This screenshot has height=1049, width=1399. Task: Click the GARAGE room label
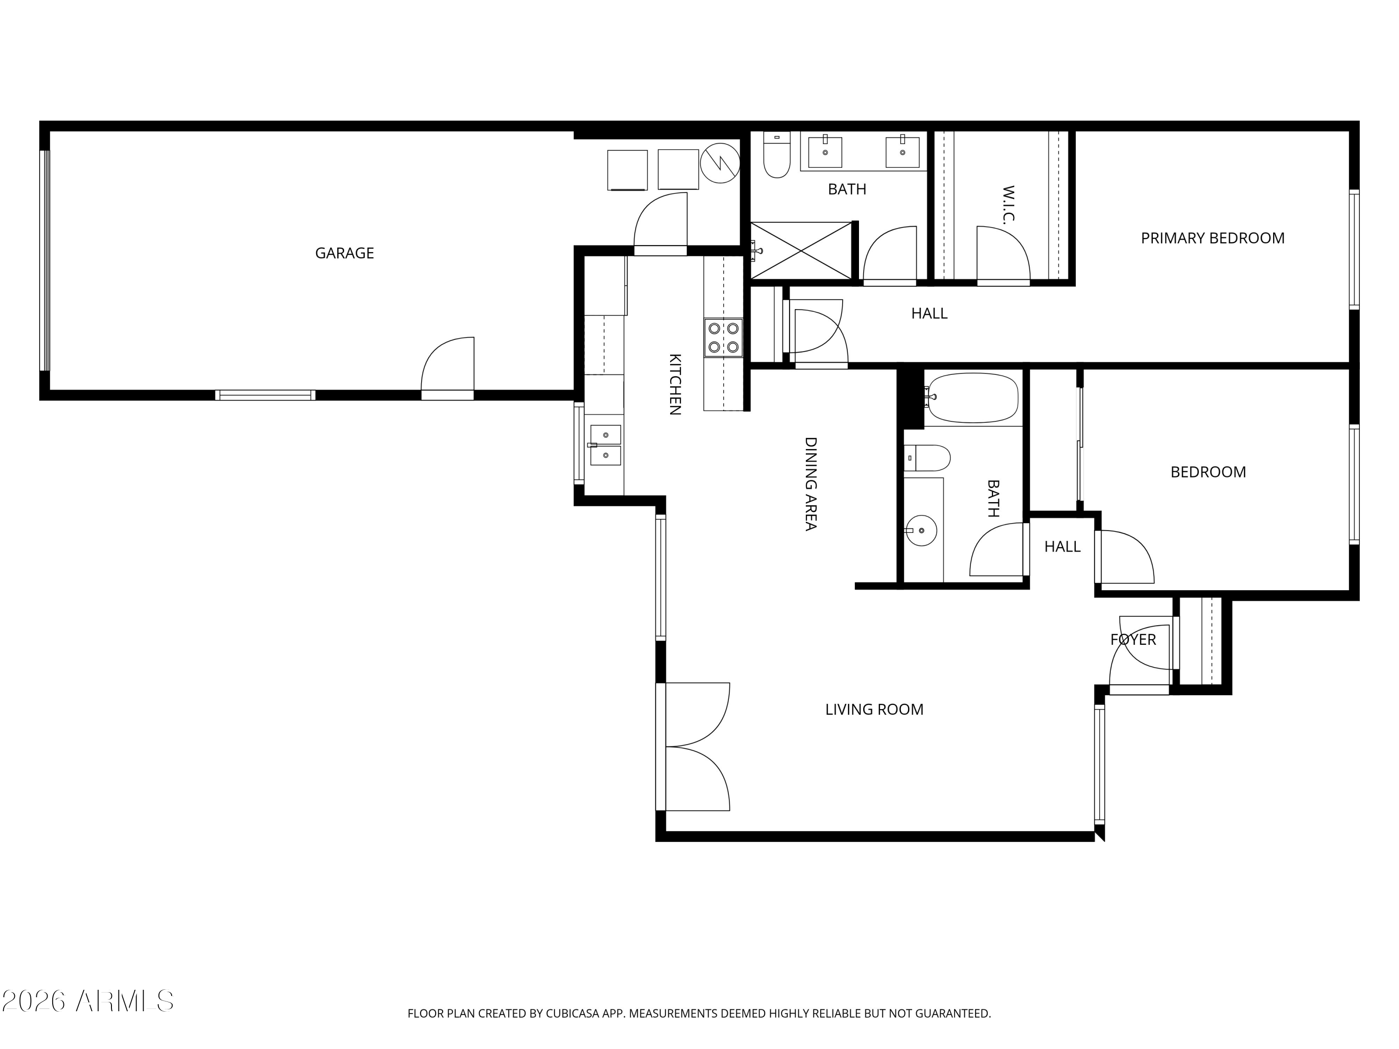click(345, 253)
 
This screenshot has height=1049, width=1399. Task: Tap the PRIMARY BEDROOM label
click(1212, 238)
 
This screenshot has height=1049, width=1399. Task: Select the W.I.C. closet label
click(1008, 205)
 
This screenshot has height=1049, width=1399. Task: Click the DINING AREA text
click(810, 484)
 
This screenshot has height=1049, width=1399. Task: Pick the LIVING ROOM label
click(874, 710)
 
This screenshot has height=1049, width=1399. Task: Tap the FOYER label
click(1133, 639)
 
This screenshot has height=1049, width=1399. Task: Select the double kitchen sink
click(606, 445)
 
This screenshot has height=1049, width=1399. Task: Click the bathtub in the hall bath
click(971, 398)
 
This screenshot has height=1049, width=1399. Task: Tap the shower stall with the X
click(801, 250)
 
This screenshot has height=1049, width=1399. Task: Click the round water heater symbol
click(720, 163)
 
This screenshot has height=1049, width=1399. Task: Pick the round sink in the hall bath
click(921, 531)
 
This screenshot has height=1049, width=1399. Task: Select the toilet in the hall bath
click(927, 458)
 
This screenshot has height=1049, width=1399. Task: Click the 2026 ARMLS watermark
click(88, 1001)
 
